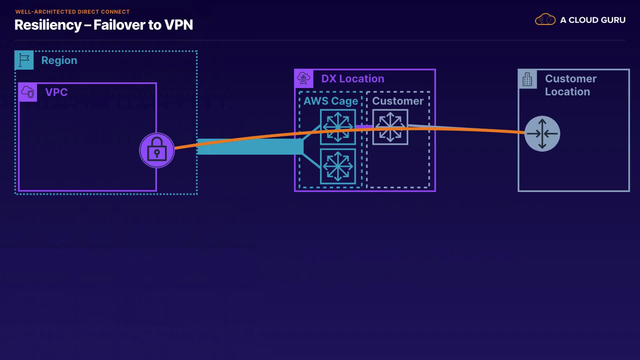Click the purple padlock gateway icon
[157, 150]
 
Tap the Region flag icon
[24, 60]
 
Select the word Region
[59, 60]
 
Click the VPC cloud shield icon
[28, 92]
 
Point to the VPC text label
[56, 92]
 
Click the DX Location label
[353, 79]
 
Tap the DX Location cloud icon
[304, 79]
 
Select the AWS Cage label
[331, 101]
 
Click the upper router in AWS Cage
[338, 127]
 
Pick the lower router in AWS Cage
[338, 166]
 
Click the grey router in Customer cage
[390, 127]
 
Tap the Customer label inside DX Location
[398, 101]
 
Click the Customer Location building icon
[527, 79]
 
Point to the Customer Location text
[571, 85]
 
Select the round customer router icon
[542, 134]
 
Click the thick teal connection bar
[250, 147]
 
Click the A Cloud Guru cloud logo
[545, 20]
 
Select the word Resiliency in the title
[48, 25]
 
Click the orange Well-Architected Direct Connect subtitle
[72, 12]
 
